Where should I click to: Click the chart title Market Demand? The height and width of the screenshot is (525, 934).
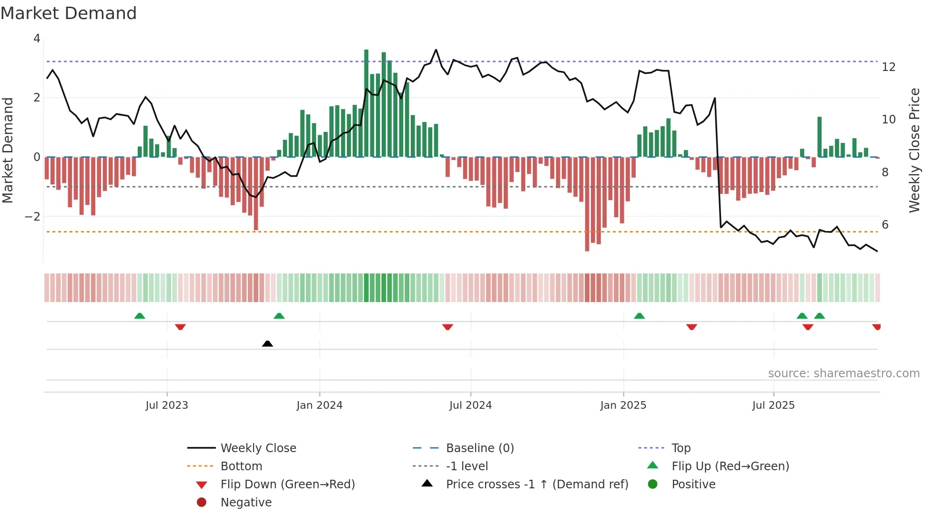point(69,13)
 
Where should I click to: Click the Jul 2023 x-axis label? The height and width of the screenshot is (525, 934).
point(167,405)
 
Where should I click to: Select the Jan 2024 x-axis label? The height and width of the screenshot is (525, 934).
point(319,405)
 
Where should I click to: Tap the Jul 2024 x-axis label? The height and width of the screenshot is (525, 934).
point(470,405)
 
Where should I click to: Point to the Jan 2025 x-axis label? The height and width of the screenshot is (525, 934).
point(623,405)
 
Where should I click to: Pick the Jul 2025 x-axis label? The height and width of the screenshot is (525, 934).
point(773,405)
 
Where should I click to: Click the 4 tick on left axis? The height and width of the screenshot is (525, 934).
point(37,39)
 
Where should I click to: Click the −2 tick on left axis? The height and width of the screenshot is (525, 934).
point(32,217)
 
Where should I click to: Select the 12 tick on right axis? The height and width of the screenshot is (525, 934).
point(888,67)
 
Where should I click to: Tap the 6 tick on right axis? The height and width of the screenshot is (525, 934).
point(885,225)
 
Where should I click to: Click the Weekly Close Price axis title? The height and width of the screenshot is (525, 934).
point(914,150)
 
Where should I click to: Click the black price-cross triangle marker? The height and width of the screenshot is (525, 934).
point(267,343)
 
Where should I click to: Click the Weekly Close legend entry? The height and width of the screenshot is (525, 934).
point(258,448)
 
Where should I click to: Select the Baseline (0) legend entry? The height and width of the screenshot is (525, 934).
point(479,448)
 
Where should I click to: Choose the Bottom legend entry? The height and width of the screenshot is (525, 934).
point(241,466)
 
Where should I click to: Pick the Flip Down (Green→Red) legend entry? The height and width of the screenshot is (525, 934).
point(287,485)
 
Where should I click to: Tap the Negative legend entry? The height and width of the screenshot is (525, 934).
point(246,503)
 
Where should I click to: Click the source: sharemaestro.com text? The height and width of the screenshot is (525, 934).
point(843,374)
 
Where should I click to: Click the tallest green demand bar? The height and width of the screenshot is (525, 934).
point(366,103)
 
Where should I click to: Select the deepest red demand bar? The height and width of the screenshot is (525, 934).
point(587,204)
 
